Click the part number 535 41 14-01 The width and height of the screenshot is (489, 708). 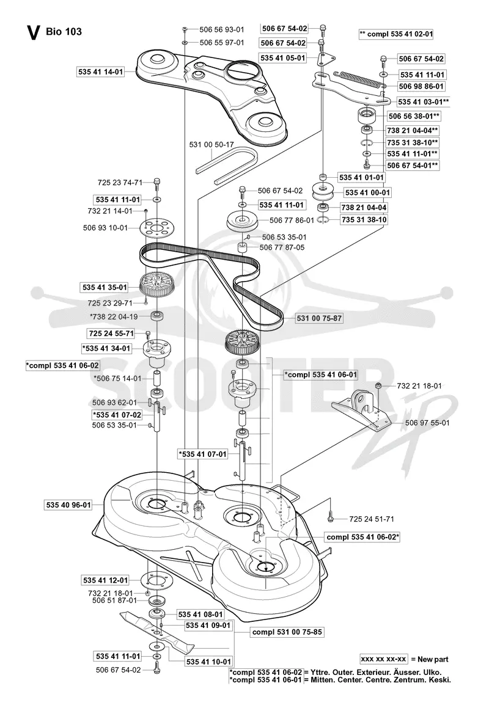coord(100,72)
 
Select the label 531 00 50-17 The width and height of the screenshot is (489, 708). coord(211,145)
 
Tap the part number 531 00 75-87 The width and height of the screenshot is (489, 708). coord(319,318)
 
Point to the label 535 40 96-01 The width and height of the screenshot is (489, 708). coord(68,505)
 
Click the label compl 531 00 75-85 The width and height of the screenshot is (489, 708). coord(287,632)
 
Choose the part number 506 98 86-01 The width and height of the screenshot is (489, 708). coord(421,86)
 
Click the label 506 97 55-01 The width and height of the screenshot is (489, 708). coord(427,423)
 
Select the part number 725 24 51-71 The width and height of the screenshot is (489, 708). coord(372,519)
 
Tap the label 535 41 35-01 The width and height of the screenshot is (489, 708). coord(105,287)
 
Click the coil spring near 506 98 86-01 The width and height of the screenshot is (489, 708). coord(359,79)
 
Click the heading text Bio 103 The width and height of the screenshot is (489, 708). coord(64,32)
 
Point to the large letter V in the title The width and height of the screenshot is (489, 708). coord(33,33)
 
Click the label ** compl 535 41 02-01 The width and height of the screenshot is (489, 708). coord(396,34)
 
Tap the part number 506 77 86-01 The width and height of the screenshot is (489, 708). coord(292,221)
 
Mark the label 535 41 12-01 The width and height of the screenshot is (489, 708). coord(105,580)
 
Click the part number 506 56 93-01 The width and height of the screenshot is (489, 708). coord(221,30)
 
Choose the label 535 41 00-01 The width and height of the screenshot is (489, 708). coord(367,193)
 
